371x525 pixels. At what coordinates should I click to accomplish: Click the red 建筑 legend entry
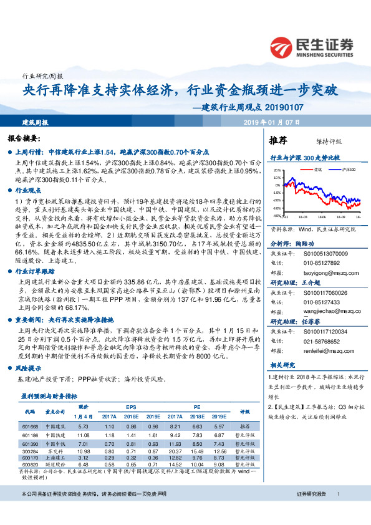pos(316,169)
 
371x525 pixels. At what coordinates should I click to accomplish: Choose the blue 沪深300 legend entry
pos(347,169)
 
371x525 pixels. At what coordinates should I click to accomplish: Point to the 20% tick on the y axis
pos(276,170)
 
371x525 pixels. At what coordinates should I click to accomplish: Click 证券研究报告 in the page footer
pos(312,511)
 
